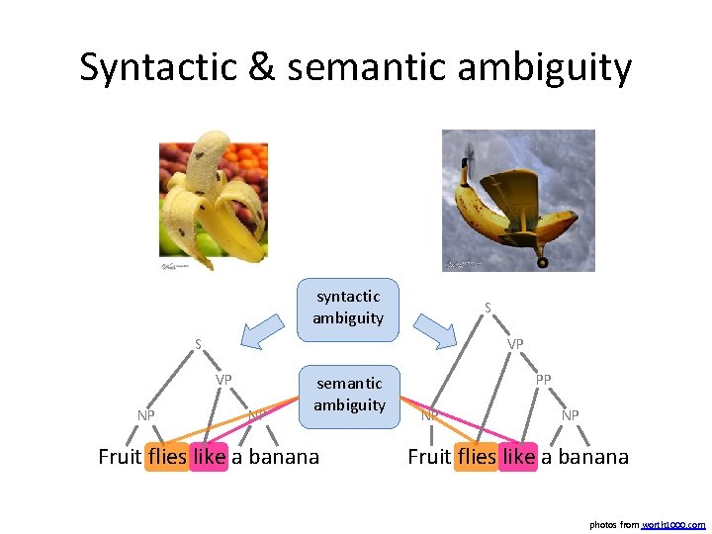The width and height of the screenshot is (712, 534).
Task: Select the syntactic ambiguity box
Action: (x=349, y=307)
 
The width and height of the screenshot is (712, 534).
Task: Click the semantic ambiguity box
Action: (x=349, y=394)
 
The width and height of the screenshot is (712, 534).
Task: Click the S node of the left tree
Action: (x=198, y=345)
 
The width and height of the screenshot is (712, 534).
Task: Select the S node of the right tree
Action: (x=487, y=308)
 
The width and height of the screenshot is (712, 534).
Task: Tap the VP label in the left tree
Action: (x=224, y=380)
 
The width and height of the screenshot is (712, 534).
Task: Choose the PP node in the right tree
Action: (x=544, y=380)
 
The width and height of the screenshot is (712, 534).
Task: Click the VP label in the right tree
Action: (x=515, y=345)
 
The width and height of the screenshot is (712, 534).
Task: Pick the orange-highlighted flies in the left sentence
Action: (x=166, y=457)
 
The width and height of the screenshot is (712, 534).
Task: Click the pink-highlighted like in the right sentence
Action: (x=518, y=457)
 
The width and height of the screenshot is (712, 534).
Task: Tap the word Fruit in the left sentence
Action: (x=120, y=457)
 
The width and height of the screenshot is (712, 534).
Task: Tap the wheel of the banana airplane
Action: (x=542, y=262)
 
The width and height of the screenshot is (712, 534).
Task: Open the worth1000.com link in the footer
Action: (x=673, y=524)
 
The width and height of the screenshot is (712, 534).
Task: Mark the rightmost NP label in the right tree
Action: (x=571, y=415)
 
